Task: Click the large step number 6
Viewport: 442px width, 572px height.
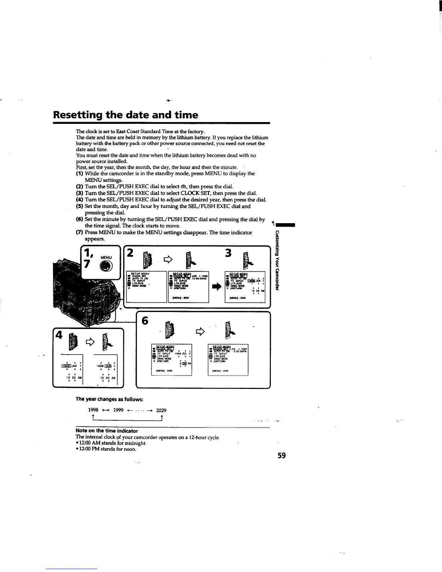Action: tap(145, 321)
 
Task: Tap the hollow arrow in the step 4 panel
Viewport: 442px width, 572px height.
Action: tap(89, 341)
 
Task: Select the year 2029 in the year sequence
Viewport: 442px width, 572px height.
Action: tap(161, 410)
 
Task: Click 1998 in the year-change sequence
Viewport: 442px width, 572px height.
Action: tap(94, 410)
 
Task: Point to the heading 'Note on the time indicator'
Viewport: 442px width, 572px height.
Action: tap(107, 431)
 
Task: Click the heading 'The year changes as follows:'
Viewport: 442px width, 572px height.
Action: tap(109, 399)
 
